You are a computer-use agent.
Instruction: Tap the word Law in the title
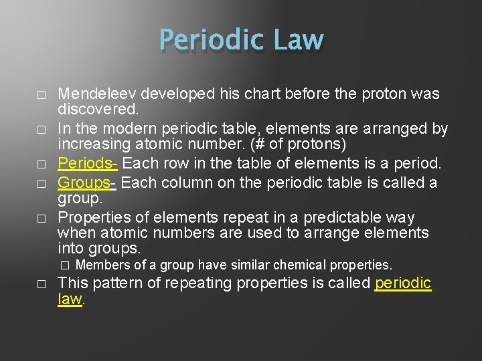pyautogui.click(x=298, y=40)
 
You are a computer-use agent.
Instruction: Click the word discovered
pyautogui.click(x=97, y=108)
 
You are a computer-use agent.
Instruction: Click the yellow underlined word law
pyautogui.click(x=70, y=299)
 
